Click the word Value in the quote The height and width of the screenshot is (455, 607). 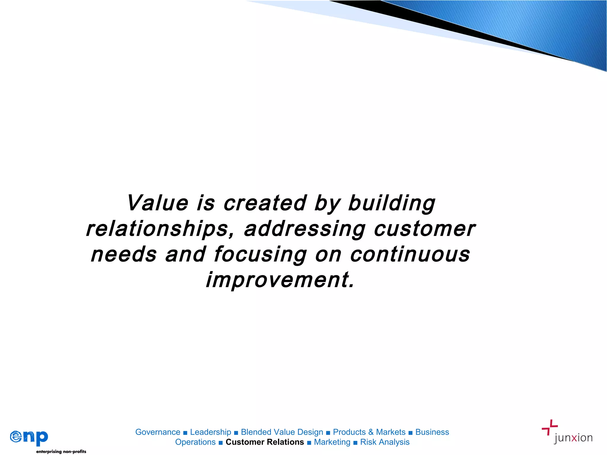pyautogui.click(x=157, y=203)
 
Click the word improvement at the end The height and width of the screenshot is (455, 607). pyautogui.click(x=280, y=280)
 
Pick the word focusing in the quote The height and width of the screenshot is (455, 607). pyautogui.click(x=260, y=255)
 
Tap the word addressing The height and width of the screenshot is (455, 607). pyautogui.click(x=304, y=230)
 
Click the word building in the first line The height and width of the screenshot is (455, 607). pyautogui.click(x=392, y=204)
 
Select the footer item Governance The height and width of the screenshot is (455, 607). pyautogui.click(x=158, y=432)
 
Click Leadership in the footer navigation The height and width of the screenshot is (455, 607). pyautogui.click(x=210, y=432)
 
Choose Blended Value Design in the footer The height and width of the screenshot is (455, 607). pyautogui.click(x=282, y=432)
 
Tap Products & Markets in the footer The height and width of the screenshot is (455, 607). pyautogui.click(x=369, y=432)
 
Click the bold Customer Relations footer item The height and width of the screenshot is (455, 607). pyautogui.click(x=265, y=442)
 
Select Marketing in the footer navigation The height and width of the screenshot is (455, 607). pyautogui.click(x=332, y=442)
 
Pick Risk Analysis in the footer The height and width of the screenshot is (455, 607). pyautogui.click(x=385, y=442)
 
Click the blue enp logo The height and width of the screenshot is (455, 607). pyautogui.click(x=29, y=437)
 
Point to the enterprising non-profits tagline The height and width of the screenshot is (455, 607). pyautogui.click(x=61, y=451)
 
